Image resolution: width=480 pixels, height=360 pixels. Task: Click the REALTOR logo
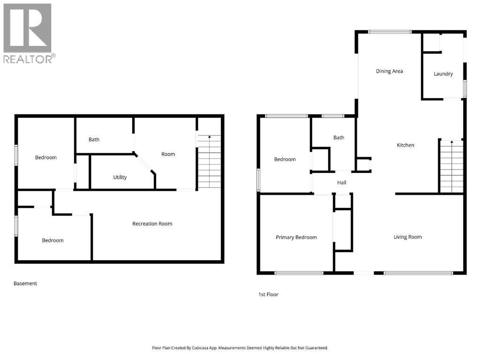[28, 33]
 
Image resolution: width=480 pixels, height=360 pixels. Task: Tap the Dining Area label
[389, 71]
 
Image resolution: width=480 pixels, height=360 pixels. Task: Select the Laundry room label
[443, 74]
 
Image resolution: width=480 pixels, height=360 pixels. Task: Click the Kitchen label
[405, 145]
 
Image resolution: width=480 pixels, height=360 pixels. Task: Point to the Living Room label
[407, 237]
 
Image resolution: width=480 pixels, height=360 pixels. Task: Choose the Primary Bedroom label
[296, 237]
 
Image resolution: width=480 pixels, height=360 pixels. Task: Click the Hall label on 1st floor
[342, 183]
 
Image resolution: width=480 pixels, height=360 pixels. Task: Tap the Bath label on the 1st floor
[339, 137]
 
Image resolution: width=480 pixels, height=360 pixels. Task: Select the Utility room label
[120, 177]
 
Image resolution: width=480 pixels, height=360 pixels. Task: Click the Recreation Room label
[152, 224]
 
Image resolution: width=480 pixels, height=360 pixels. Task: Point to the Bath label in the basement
[94, 139]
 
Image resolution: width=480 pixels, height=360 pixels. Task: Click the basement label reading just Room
[168, 154]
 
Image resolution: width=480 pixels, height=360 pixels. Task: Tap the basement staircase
[209, 162]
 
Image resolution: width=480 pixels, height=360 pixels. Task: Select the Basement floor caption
[25, 283]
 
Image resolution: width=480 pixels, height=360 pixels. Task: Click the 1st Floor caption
[268, 294]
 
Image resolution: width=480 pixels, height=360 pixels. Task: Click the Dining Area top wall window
[389, 32]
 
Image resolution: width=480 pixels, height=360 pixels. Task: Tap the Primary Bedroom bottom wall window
[298, 273]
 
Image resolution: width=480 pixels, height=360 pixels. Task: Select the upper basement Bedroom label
[46, 157]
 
